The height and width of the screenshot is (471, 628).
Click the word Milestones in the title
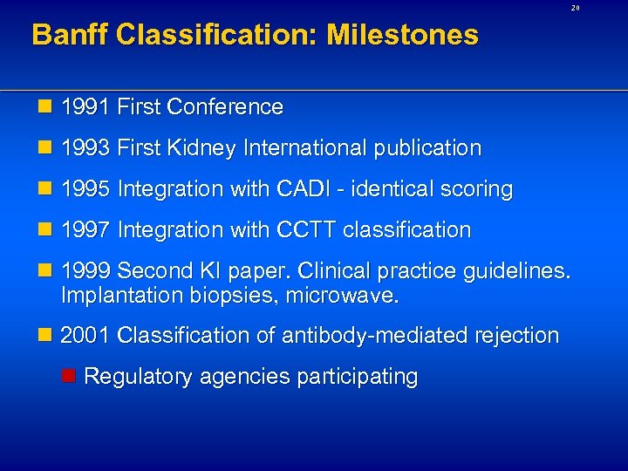tap(402, 35)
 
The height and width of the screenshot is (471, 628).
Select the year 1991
tap(85, 107)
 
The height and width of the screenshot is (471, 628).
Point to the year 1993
tap(85, 148)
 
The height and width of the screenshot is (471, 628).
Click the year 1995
tap(85, 189)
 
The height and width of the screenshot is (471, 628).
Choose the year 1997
tap(85, 230)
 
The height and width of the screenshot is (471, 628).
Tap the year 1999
tap(85, 271)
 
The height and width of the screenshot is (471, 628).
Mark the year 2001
tap(85, 335)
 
